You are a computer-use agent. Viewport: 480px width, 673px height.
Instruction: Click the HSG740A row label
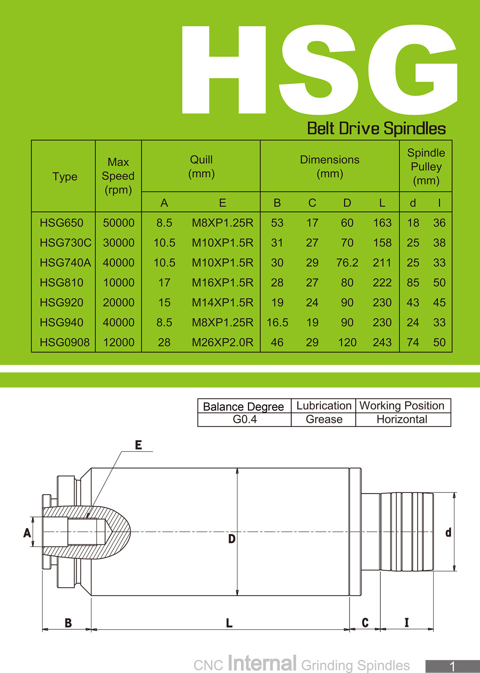(x=65, y=263)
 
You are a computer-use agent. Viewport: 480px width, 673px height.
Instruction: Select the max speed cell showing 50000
(x=118, y=223)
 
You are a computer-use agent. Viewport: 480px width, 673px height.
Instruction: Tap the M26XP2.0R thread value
(x=222, y=342)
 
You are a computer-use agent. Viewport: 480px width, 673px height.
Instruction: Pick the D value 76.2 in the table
(x=347, y=263)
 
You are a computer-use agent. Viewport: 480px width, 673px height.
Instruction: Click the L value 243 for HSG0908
(x=382, y=342)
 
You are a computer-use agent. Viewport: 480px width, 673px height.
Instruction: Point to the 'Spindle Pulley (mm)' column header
(x=426, y=167)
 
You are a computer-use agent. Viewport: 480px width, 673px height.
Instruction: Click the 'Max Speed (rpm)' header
(x=118, y=176)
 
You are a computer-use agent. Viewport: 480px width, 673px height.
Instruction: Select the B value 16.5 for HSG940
(x=277, y=322)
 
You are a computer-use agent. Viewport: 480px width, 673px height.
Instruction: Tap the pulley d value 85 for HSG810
(x=413, y=283)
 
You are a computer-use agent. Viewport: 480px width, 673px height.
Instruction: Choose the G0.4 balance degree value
(x=245, y=419)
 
